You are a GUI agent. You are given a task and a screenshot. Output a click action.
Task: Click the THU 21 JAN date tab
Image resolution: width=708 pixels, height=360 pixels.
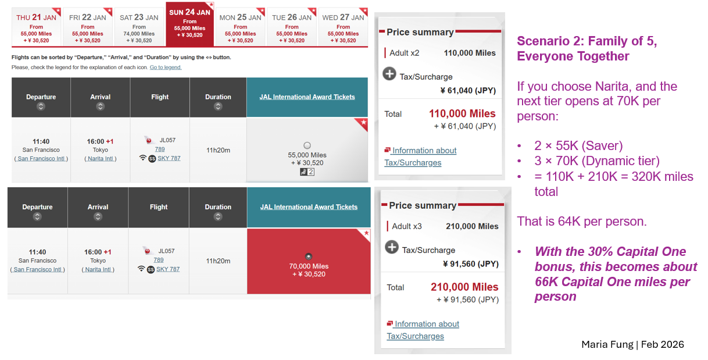click(x=37, y=27)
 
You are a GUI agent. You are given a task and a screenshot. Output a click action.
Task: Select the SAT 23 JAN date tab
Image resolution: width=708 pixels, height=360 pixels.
click(x=139, y=27)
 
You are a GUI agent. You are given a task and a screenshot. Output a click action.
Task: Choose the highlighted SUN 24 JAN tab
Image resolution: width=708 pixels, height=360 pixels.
click(x=190, y=27)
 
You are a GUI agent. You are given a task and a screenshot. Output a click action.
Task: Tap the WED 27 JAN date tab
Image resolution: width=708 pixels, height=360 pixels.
click(x=344, y=27)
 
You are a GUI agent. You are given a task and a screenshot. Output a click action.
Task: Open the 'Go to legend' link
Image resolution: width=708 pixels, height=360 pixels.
click(x=166, y=67)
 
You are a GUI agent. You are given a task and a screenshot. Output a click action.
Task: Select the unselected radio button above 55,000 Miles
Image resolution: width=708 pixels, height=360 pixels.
click(x=307, y=145)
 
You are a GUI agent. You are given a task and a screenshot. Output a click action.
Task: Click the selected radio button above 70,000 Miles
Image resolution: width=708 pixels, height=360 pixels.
click(x=309, y=256)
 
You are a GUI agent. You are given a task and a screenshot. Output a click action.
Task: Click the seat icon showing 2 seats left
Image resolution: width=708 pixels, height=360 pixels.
click(x=307, y=172)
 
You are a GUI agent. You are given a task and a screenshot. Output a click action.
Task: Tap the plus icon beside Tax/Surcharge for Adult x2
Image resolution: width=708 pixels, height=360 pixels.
click(x=389, y=74)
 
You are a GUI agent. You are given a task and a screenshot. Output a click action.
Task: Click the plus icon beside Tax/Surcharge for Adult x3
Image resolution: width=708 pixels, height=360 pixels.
click(x=392, y=248)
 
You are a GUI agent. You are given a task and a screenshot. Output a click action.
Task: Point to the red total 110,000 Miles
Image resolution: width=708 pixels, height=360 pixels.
click(x=462, y=113)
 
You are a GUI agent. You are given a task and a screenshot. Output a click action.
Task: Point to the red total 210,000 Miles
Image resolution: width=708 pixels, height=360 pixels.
click(x=464, y=287)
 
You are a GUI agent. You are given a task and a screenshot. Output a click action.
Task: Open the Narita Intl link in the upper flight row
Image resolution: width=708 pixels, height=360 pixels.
click(x=100, y=159)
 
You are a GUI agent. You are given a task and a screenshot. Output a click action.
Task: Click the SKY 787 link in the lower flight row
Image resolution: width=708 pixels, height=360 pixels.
click(x=168, y=269)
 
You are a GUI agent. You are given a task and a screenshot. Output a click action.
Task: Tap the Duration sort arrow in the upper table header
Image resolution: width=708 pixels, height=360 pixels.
click(x=218, y=106)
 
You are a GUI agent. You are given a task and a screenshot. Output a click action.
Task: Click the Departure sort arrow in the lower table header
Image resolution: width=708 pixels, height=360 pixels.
click(x=37, y=216)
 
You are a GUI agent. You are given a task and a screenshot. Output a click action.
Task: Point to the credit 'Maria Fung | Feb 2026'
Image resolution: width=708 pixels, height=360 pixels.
click(x=632, y=344)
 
